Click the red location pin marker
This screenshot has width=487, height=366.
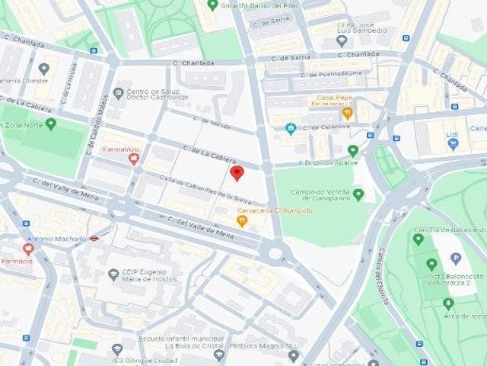[237, 173]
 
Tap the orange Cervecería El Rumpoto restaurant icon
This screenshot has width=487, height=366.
[242, 221]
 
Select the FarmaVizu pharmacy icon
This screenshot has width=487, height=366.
[134, 159]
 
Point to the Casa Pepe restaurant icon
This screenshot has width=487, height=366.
[347, 113]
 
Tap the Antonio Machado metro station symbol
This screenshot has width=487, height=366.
[94, 239]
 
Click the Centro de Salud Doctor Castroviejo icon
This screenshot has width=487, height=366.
[118, 94]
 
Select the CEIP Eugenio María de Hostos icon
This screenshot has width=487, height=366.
[113, 274]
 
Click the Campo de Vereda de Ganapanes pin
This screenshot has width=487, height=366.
[358, 194]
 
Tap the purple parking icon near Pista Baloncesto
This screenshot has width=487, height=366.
[456, 258]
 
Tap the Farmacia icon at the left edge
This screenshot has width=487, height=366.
[28, 249]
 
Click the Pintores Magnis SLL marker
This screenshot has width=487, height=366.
[294, 355]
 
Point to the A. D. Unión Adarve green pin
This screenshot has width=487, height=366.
[353, 151]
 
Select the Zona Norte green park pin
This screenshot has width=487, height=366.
[51, 124]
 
